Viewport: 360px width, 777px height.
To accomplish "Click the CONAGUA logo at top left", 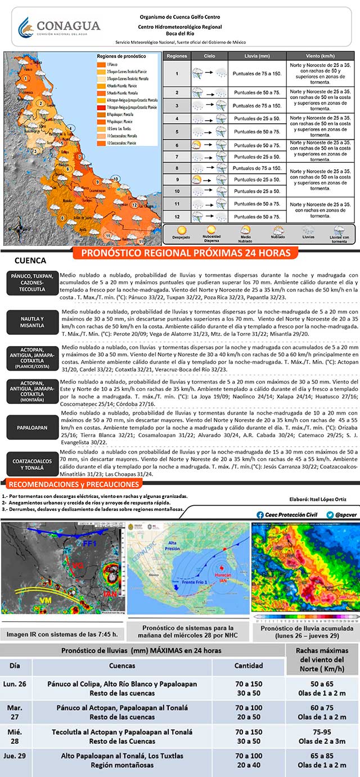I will (58, 26).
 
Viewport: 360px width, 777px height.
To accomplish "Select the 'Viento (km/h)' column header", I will (321, 56).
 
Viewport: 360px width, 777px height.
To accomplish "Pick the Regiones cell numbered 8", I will (177, 168).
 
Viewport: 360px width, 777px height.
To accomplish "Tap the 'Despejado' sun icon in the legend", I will (182, 231).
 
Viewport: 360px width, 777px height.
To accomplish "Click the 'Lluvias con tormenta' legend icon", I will (339, 232).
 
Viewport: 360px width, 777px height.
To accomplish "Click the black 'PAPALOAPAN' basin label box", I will (32, 427).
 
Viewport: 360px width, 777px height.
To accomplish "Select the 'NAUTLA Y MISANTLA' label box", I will (32, 322).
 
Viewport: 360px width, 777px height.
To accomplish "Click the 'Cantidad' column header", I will (249, 666).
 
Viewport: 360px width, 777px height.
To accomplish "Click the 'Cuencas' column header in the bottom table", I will (122, 666).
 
